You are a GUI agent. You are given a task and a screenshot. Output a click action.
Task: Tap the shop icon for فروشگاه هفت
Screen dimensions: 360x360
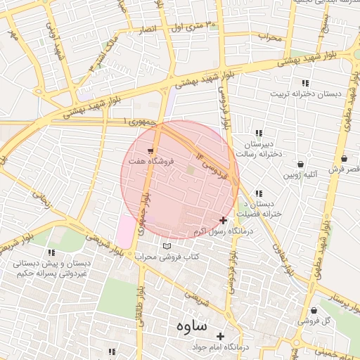pyautogui.click(x=151, y=151)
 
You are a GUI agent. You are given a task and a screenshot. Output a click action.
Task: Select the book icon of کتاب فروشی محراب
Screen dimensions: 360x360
pyautogui.click(x=167, y=246)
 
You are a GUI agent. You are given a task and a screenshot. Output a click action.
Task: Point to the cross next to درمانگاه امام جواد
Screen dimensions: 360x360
pyautogui.click(x=222, y=337)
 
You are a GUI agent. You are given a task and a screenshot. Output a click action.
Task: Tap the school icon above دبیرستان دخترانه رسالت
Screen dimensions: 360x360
pyautogui.click(x=259, y=133)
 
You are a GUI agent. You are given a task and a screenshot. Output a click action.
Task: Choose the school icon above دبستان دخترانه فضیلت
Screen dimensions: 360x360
pyautogui.click(x=259, y=193)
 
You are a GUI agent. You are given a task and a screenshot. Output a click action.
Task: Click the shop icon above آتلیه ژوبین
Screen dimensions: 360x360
pyautogui.click(x=301, y=163)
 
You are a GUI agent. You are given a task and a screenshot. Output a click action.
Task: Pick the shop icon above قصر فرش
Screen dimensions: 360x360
pyautogui.click(x=344, y=159)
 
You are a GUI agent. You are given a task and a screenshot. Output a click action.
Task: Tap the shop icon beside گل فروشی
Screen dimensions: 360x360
pyautogui.click(x=312, y=310)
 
